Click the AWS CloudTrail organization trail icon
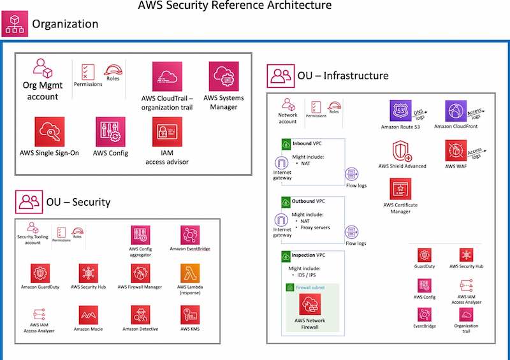167,76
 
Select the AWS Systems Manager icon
224,76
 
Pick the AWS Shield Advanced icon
402,150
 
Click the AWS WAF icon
456,150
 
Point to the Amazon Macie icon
88,315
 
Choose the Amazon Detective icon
140,315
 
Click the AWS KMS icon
190,315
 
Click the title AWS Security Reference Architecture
235,6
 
